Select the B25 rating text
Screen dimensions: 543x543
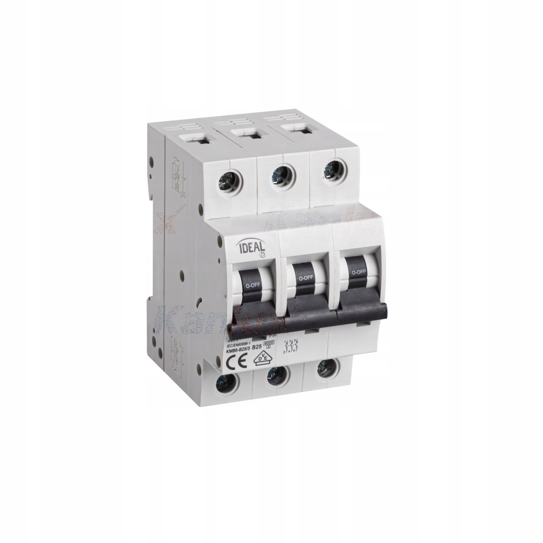pos(257,348)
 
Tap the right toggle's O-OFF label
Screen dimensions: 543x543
pos(358,272)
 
